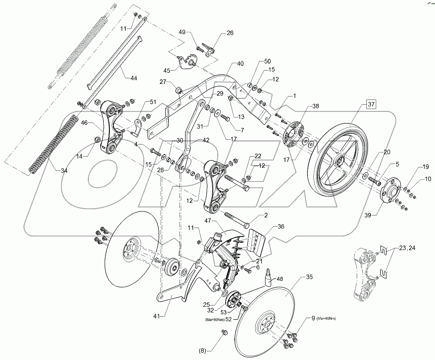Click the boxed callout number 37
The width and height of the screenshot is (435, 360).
(372, 103)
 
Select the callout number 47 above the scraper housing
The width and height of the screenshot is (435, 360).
(208, 221)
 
